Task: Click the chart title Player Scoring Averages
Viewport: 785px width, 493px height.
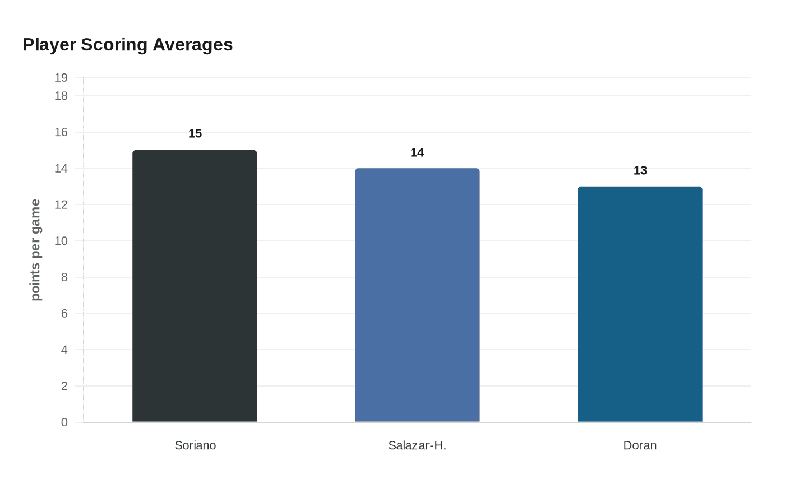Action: click(127, 45)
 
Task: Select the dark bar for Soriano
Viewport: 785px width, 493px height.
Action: click(195, 286)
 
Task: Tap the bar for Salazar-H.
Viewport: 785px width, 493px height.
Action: click(417, 295)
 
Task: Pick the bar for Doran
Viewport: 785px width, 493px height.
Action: click(640, 304)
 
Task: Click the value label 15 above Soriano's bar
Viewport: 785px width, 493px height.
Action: click(195, 134)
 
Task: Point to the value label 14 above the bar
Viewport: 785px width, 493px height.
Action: click(417, 152)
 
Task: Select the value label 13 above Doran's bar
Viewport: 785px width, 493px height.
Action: click(640, 171)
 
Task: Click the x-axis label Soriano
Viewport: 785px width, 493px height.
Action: click(195, 445)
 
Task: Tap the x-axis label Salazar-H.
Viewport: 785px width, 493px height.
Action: click(417, 445)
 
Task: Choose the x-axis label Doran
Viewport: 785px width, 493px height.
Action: click(640, 445)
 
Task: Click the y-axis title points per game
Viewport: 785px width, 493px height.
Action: click(35, 250)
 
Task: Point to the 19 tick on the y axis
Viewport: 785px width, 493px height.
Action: click(61, 78)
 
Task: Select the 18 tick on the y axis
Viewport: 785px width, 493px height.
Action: click(61, 96)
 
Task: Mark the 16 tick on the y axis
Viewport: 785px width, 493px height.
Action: click(61, 132)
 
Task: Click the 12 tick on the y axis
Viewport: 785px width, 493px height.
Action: click(61, 204)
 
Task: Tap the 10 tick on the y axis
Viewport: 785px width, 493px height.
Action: click(61, 241)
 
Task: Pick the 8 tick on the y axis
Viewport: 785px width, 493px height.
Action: click(64, 277)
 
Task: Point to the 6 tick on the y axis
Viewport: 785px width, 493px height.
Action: click(64, 314)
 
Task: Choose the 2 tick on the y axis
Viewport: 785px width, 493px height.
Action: click(64, 386)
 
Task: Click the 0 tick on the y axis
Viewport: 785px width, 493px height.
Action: click(64, 422)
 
